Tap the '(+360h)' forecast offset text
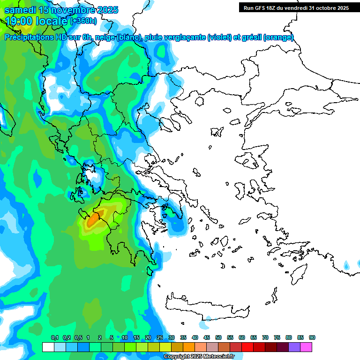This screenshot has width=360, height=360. pos(83,21)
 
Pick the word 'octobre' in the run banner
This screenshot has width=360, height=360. pos(319,8)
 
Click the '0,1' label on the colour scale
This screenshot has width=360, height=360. pos(54,338)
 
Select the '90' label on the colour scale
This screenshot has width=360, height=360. pos(312,338)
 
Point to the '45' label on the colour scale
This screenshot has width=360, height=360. pos(207,338)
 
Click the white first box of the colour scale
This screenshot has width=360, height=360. pos(48,347)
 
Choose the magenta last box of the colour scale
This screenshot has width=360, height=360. pos(306,347)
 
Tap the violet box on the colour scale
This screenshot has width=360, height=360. pos(294,347)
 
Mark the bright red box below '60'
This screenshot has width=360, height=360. pos(247,347)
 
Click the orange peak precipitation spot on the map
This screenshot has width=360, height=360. pos(93,218)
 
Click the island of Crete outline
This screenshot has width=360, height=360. pos(206,305)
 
